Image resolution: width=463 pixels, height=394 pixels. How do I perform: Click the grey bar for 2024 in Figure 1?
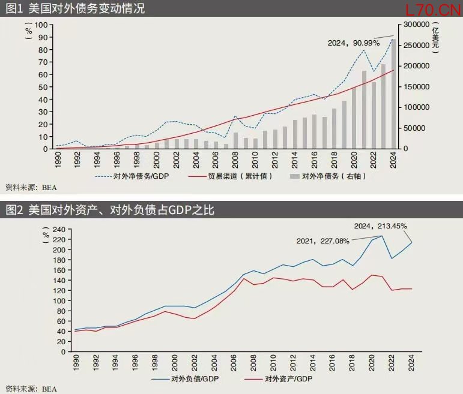[x=393, y=94]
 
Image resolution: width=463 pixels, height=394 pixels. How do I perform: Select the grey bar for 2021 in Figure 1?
[x=364, y=110]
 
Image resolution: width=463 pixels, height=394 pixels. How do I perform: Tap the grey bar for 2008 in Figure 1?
[x=235, y=141]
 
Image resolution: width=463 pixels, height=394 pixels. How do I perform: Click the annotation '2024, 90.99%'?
[x=354, y=43]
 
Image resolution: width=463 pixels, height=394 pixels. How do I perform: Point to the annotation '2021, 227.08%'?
[x=322, y=241]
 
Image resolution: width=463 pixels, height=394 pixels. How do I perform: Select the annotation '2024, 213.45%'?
[x=380, y=226]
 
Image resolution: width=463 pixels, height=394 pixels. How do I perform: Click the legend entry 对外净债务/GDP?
[x=132, y=176]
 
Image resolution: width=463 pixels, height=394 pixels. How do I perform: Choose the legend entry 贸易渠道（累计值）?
[x=230, y=176]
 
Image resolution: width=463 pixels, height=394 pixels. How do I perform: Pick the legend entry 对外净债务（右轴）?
[x=328, y=176]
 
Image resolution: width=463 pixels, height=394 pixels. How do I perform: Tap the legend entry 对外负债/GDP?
[x=185, y=379]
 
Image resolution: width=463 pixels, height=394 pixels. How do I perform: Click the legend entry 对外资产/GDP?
[x=279, y=379]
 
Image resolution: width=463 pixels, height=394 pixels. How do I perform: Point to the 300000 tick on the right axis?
[x=416, y=25]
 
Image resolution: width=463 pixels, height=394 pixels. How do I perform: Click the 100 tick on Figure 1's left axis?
[x=41, y=25]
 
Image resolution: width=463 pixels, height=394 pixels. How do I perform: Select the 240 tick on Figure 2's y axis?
[x=59, y=230]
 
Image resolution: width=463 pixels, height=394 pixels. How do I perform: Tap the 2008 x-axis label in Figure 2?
[x=253, y=363]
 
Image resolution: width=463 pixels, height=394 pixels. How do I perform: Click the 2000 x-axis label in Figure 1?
[x=157, y=160]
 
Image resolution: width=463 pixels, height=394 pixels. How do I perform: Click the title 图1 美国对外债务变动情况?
[x=75, y=8]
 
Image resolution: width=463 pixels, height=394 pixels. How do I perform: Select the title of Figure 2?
[x=110, y=210]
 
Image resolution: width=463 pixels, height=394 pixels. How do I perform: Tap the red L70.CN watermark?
[x=433, y=10]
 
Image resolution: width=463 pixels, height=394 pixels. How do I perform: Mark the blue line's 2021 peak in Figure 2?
[x=382, y=236]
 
